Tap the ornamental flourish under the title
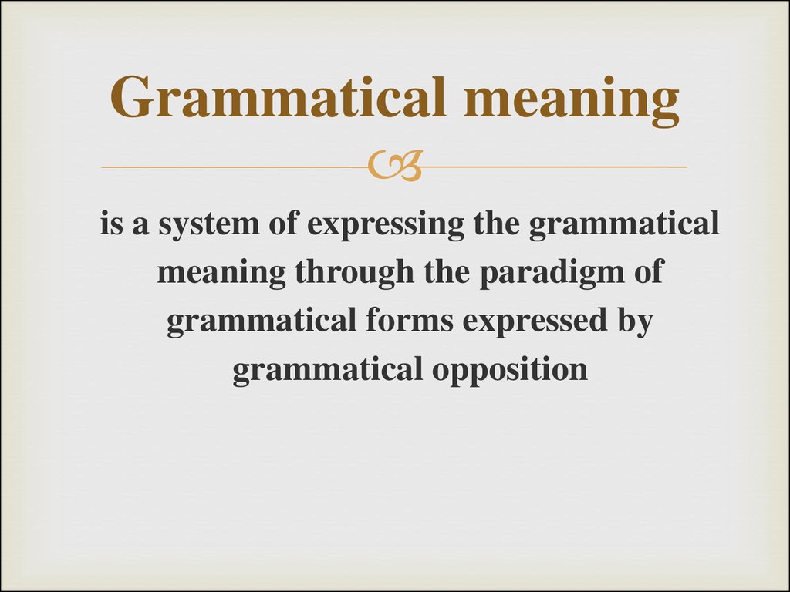click(394, 166)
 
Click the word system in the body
click(195, 225)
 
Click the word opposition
click(510, 371)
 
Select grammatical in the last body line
click(327, 371)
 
